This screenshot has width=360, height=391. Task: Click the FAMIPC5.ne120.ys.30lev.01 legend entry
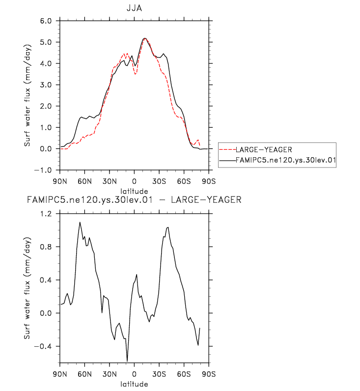(285, 160)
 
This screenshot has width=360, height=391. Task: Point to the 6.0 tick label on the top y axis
(46, 21)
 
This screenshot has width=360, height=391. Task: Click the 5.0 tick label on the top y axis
(46, 43)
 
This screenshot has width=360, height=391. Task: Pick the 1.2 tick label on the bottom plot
(46, 214)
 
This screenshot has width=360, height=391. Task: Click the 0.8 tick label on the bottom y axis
(46, 247)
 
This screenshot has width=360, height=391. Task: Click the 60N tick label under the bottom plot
(84, 373)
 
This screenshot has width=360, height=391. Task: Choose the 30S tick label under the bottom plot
(159, 373)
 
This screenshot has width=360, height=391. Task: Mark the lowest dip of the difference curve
(127, 361)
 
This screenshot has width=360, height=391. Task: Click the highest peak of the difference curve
(80, 222)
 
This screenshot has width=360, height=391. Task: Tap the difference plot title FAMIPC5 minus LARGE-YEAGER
(134, 200)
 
